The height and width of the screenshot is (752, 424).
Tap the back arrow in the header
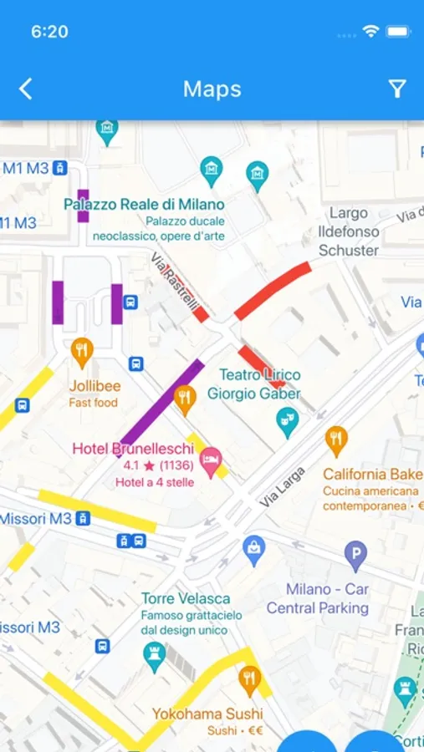[x=26, y=89]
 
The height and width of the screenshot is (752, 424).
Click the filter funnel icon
[x=397, y=89]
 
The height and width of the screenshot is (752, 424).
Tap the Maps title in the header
[x=212, y=89]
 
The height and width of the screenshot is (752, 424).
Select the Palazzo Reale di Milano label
[x=144, y=204]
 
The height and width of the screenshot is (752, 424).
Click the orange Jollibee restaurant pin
[x=82, y=353]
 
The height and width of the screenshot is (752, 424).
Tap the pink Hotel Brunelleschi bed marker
[x=211, y=459]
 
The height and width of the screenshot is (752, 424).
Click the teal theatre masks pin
[x=287, y=421]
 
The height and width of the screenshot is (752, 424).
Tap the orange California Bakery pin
[x=336, y=440]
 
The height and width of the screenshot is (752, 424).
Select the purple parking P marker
[x=355, y=555]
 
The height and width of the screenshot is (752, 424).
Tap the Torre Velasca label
[x=186, y=599]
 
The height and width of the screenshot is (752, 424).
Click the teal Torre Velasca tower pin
[x=154, y=656]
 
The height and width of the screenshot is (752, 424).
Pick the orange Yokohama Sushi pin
[x=249, y=679]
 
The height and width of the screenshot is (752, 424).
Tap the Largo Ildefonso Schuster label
[x=349, y=231]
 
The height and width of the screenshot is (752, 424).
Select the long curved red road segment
[x=272, y=291]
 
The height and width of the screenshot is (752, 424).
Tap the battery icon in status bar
[x=398, y=32]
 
